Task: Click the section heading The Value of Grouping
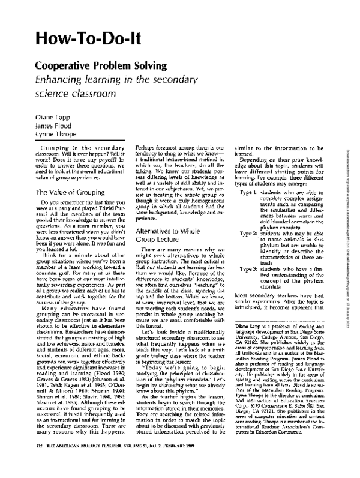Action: pos(65,193)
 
